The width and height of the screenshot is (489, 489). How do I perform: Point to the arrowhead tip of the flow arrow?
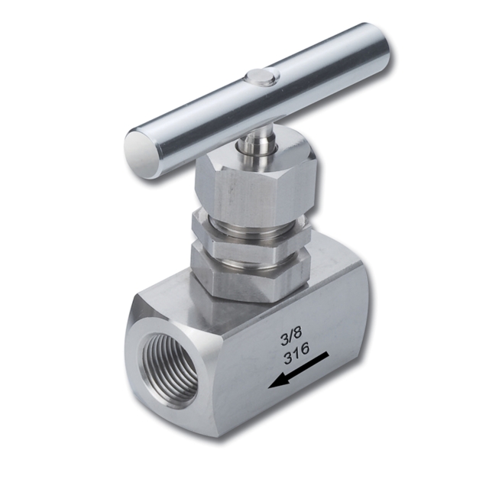[270, 384]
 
